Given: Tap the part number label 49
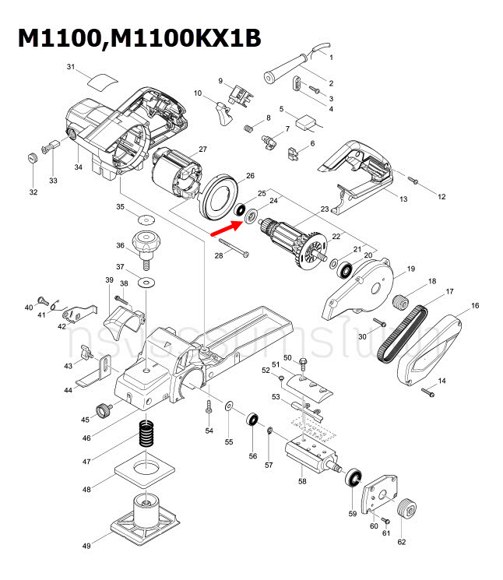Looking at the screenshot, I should point(86,546).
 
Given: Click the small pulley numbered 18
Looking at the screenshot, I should point(402,300).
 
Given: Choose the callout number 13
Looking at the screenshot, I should point(403,200).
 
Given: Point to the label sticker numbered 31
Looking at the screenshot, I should point(101,79).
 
